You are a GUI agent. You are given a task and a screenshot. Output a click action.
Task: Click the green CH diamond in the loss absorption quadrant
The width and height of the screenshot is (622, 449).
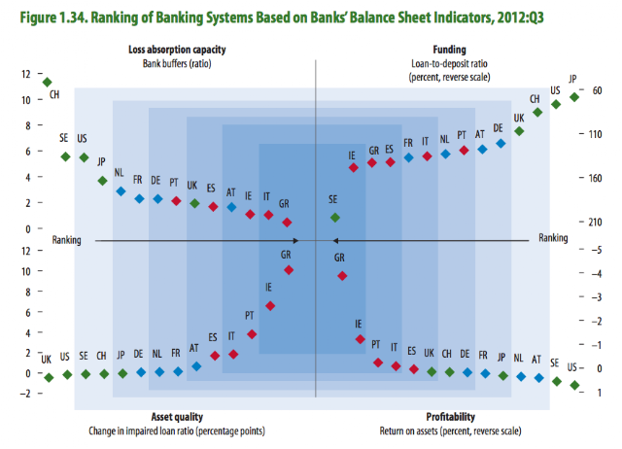click(x=47, y=82)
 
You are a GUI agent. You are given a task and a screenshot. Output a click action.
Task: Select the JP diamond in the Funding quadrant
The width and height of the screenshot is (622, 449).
click(x=574, y=97)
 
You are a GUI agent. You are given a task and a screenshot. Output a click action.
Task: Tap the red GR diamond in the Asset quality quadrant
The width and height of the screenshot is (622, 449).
click(x=289, y=269)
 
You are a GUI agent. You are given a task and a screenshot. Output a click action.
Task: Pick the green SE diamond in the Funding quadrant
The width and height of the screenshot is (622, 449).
click(x=335, y=217)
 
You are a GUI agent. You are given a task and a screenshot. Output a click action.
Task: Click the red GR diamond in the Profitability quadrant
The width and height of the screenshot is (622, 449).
click(x=342, y=276)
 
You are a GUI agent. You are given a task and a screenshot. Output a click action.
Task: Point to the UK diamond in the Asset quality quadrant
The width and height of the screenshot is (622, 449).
click(x=48, y=376)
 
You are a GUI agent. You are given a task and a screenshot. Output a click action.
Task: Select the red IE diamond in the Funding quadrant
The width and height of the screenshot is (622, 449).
click(x=354, y=167)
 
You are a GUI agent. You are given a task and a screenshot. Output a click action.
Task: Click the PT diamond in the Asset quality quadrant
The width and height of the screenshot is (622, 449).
click(x=252, y=333)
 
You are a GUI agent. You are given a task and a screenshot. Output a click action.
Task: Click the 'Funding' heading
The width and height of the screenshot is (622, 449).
click(x=449, y=50)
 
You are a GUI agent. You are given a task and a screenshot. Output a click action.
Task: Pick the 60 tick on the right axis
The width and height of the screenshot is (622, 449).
click(x=595, y=91)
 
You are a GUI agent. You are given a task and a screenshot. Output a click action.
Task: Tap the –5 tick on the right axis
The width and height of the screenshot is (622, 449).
click(x=594, y=250)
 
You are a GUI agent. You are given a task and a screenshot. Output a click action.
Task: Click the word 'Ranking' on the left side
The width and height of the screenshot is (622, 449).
click(x=67, y=239)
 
